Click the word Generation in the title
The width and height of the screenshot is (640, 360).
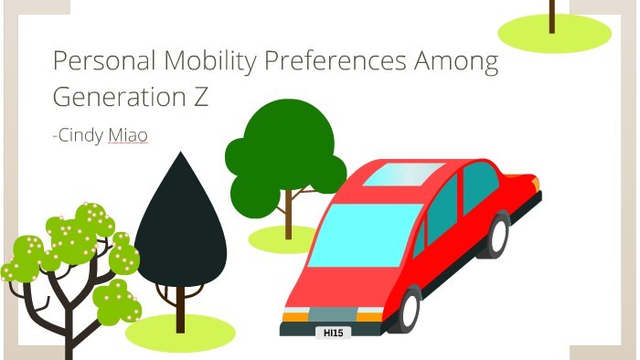[112, 97]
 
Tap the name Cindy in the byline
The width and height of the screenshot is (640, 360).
[80, 135]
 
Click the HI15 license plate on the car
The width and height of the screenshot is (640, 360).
[333, 334]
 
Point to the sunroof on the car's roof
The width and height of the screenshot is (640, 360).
[402, 174]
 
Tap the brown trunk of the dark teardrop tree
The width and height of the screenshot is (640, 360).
[180, 307]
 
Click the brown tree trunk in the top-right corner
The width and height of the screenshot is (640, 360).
[552, 15]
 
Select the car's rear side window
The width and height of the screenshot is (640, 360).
[481, 187]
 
